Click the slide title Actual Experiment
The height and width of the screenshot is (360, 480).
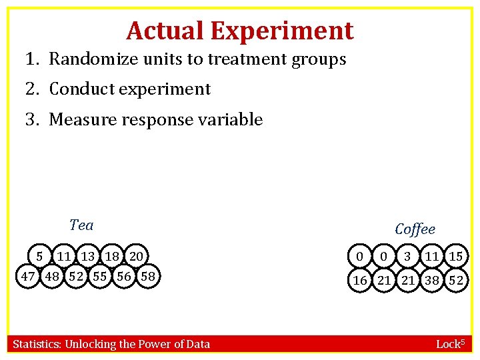(x=239, y=31)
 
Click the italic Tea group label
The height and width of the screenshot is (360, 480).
(x=81, y=225)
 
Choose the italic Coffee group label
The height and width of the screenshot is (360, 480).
(x=415, y=229)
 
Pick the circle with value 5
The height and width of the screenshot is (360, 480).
(x=40, y=256)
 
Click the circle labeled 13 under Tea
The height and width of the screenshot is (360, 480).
(x=88, y=256)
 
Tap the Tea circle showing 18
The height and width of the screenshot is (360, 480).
(x=112, y=256)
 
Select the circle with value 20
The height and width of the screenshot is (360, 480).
(x=136, y=256)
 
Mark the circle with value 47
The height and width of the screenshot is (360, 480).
(x=28, y=276)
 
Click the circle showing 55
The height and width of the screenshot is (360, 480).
(x=100, y=276)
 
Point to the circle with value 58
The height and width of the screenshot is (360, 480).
(x=148, y=276)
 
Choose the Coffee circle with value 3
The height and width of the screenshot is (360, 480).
(x=407, y=257)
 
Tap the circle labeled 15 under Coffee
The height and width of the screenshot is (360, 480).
(x=455, y=257)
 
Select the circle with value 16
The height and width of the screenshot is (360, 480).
(x=359, y=281)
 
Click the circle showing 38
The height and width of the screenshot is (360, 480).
(x=431, y=281)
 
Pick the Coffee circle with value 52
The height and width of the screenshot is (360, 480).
(x=455, y=281)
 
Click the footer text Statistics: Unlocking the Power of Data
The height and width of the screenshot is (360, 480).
(x=111, y=344)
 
